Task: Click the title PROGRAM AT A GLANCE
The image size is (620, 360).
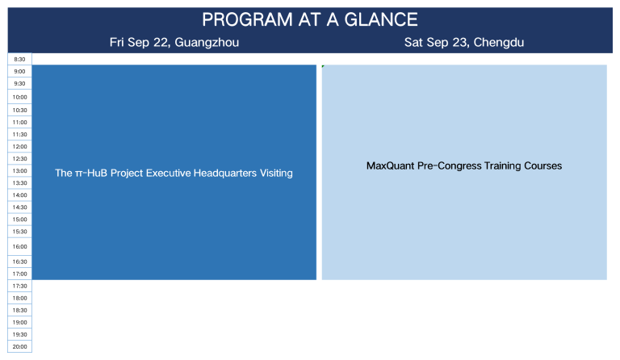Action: (x=310, y=19)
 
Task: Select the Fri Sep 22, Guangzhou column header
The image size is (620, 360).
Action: (x=174, y=42)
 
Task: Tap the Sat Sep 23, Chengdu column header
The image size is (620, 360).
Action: (x=464, y=42)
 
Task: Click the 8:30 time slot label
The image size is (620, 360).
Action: (x=19, y=59)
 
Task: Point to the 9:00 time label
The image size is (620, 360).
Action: (x=19, y=72)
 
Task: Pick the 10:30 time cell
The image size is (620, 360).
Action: (x=19, y=111)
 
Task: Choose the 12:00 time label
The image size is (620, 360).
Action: (x=19, y=147)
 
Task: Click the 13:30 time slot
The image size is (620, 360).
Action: (x=19, y=183)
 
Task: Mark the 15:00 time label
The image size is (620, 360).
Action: (x=19, y=220)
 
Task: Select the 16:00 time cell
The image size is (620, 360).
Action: (x=19, y=246)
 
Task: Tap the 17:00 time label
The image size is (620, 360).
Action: (x=19, y=274)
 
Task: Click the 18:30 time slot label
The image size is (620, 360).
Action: (x=19, y=310)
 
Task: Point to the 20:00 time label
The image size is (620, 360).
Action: (x=19, y=346)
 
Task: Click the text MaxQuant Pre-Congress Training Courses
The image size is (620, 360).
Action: (x=464, y=166)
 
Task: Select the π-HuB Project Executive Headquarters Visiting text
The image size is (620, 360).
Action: (x=174, y=173)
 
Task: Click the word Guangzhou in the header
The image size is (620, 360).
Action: (x=207, y=42)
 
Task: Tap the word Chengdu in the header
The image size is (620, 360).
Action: (x=499, y=42)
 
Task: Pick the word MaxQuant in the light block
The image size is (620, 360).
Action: (x=391, y=166)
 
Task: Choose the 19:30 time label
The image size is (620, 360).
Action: (x=19, y=335)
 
